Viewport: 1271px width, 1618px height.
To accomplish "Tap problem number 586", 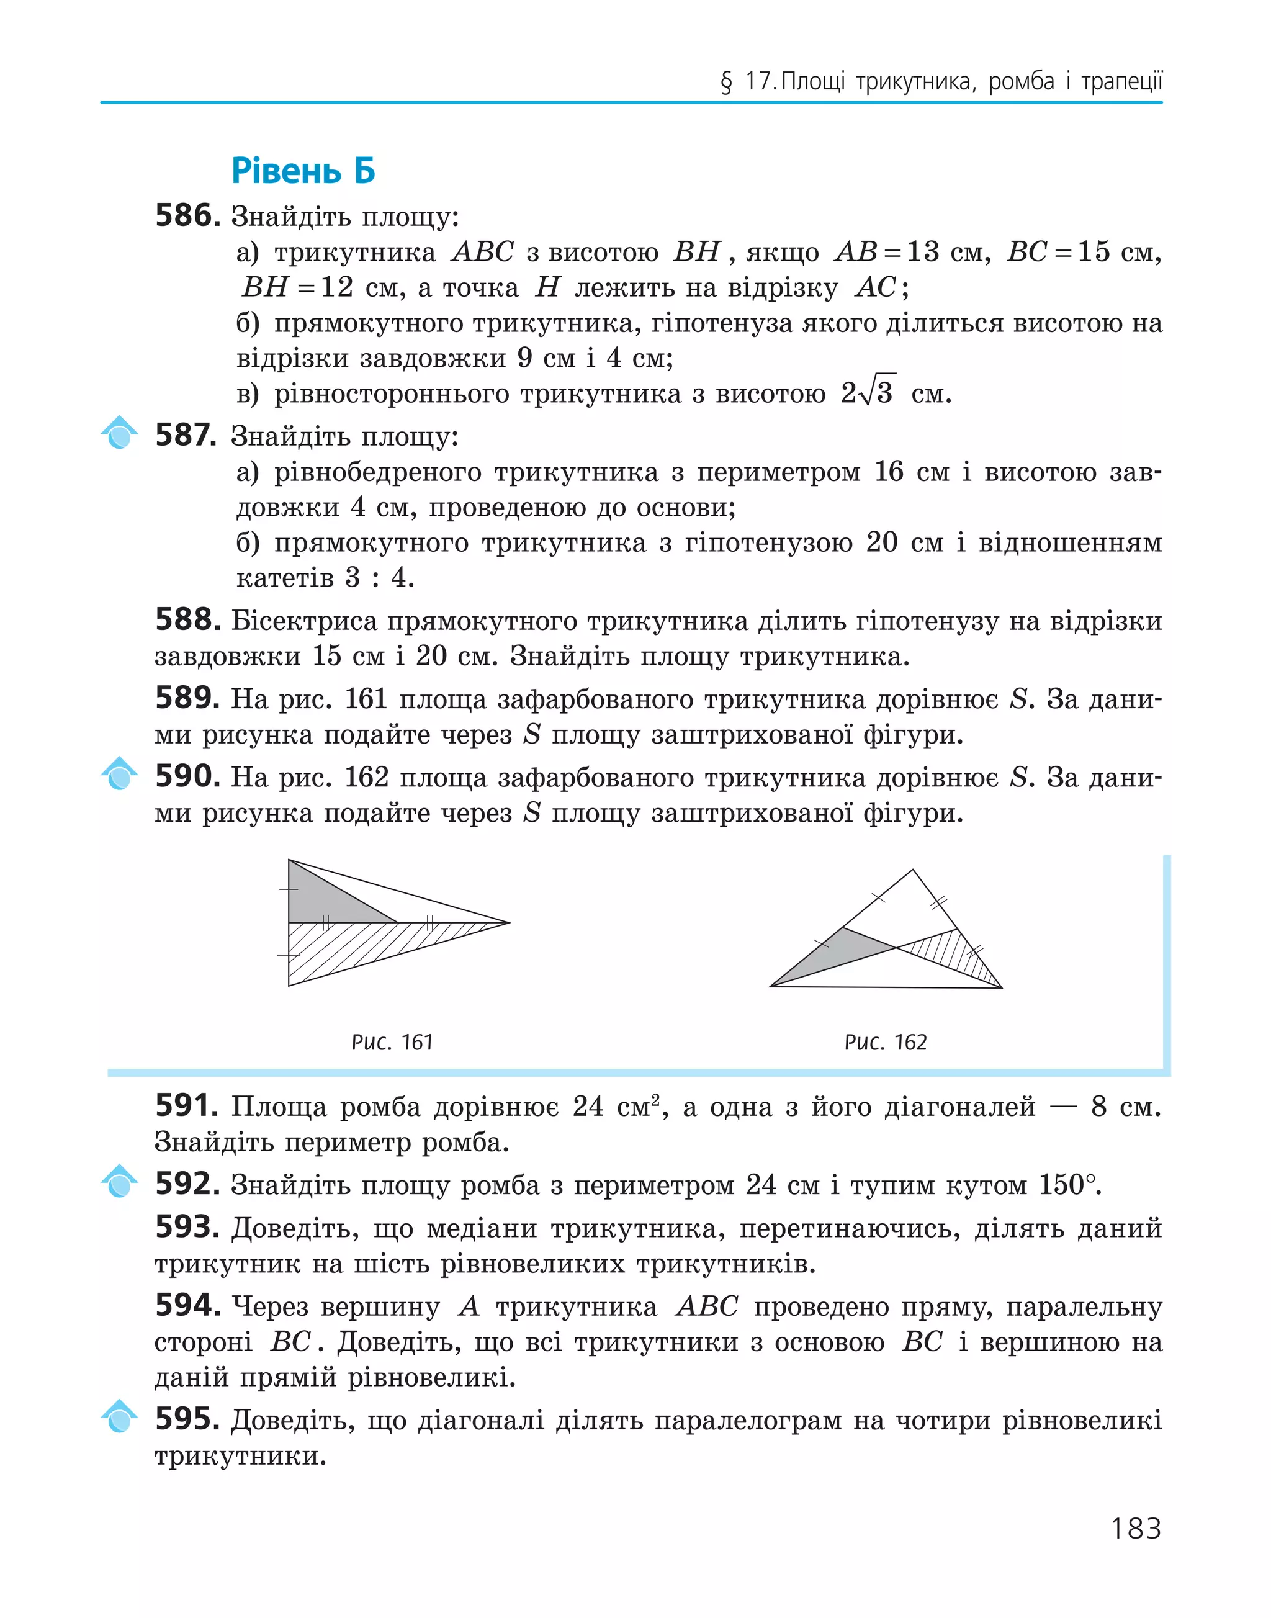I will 187,216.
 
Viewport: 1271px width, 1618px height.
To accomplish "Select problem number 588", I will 187,619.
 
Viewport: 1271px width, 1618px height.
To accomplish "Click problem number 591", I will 186,1106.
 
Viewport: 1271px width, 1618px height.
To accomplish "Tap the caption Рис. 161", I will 392,1042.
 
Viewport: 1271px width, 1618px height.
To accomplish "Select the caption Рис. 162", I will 886,1042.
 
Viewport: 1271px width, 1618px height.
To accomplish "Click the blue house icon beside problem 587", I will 119,434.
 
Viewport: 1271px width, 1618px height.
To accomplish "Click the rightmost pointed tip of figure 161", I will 509,923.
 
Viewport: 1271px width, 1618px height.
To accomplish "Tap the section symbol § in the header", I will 726,82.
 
